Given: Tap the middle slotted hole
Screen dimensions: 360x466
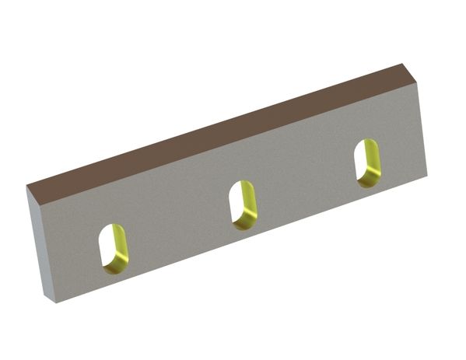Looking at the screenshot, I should click(x=243, y=204).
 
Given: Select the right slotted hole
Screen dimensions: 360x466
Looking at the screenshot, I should click(x=366, y=163).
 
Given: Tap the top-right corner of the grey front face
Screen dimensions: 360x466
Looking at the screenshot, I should click(x=419, y=82).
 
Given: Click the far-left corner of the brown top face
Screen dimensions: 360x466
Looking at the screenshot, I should click(x=26, y=187).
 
